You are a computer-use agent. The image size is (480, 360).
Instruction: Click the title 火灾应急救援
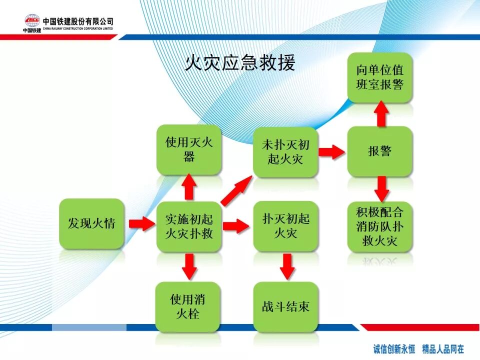240,63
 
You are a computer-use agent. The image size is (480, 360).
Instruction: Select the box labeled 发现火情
91,223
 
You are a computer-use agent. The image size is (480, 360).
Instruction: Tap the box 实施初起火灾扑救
189,226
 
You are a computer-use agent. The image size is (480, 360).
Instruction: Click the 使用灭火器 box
189,149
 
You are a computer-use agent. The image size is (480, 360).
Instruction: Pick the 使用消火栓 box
187,306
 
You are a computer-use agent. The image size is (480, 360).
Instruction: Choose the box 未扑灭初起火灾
285,152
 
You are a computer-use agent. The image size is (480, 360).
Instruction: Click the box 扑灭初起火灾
285,226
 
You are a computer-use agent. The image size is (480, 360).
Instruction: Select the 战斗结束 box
285,306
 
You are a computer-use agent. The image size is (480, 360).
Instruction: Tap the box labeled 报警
380,151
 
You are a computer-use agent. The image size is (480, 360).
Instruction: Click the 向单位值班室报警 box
380,77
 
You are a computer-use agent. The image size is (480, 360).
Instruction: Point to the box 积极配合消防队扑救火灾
380,226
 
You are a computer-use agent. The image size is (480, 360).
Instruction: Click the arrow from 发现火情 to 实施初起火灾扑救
141,223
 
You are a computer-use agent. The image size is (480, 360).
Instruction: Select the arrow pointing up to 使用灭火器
189,186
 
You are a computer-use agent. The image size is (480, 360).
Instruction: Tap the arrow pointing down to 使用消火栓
189,265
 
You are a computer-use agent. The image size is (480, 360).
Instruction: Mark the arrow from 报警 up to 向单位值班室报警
381,113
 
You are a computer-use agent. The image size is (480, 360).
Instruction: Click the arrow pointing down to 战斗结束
286,265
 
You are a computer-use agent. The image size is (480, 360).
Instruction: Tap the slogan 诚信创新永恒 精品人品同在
418,348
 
